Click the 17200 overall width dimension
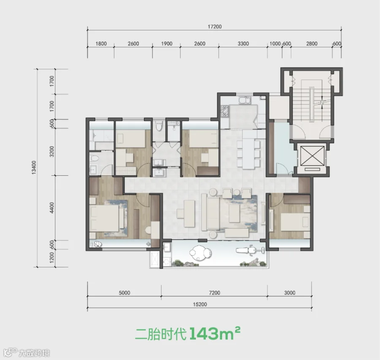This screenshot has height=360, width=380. coord(215,27)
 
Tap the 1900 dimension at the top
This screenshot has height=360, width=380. coord(167,44)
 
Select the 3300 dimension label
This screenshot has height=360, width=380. coord(243,44)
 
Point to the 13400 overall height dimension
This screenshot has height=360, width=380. coord(34,167)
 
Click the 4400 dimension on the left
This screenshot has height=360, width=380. coord(52,208)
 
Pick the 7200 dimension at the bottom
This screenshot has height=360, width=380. coord(214,293)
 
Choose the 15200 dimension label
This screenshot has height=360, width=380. coord(200,304)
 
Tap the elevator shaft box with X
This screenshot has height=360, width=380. coord(312,156)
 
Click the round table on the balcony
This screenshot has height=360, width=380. coord(200,253)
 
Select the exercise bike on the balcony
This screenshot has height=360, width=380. coord(250,250)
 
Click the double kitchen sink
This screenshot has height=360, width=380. coord(244,101)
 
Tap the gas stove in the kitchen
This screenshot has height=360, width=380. coord(225,111)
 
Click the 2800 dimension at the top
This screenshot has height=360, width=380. coord(312,44)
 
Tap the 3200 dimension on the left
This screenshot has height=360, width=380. coord(52,151)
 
